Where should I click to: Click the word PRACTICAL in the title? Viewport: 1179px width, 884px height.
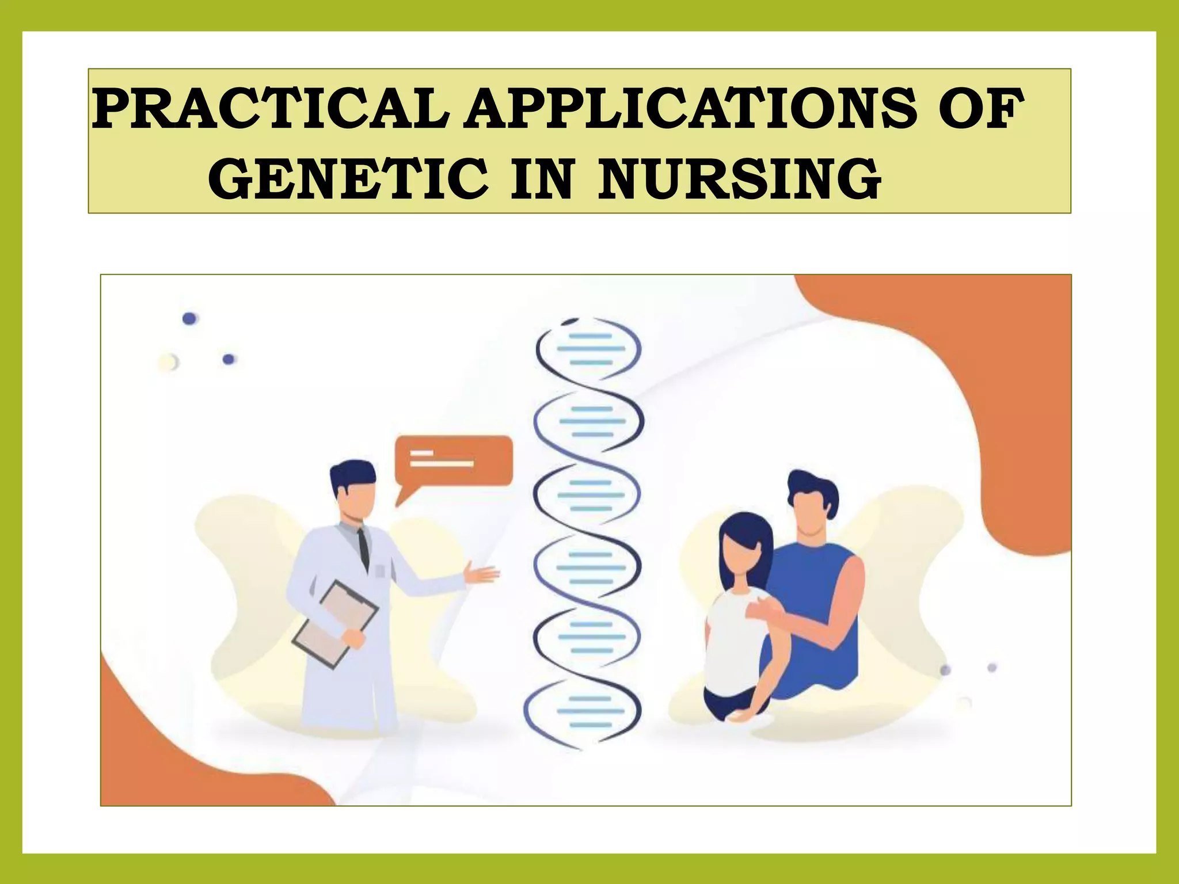pyautogui.click(x=271, y=109)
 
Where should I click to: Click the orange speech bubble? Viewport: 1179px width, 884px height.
pyautogui.click(x=454, y=460)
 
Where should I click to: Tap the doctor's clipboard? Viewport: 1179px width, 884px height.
pyautogui.click(x=335, y=624)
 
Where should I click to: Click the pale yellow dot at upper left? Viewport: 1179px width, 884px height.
pyautogui.click(x=168, y=362)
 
